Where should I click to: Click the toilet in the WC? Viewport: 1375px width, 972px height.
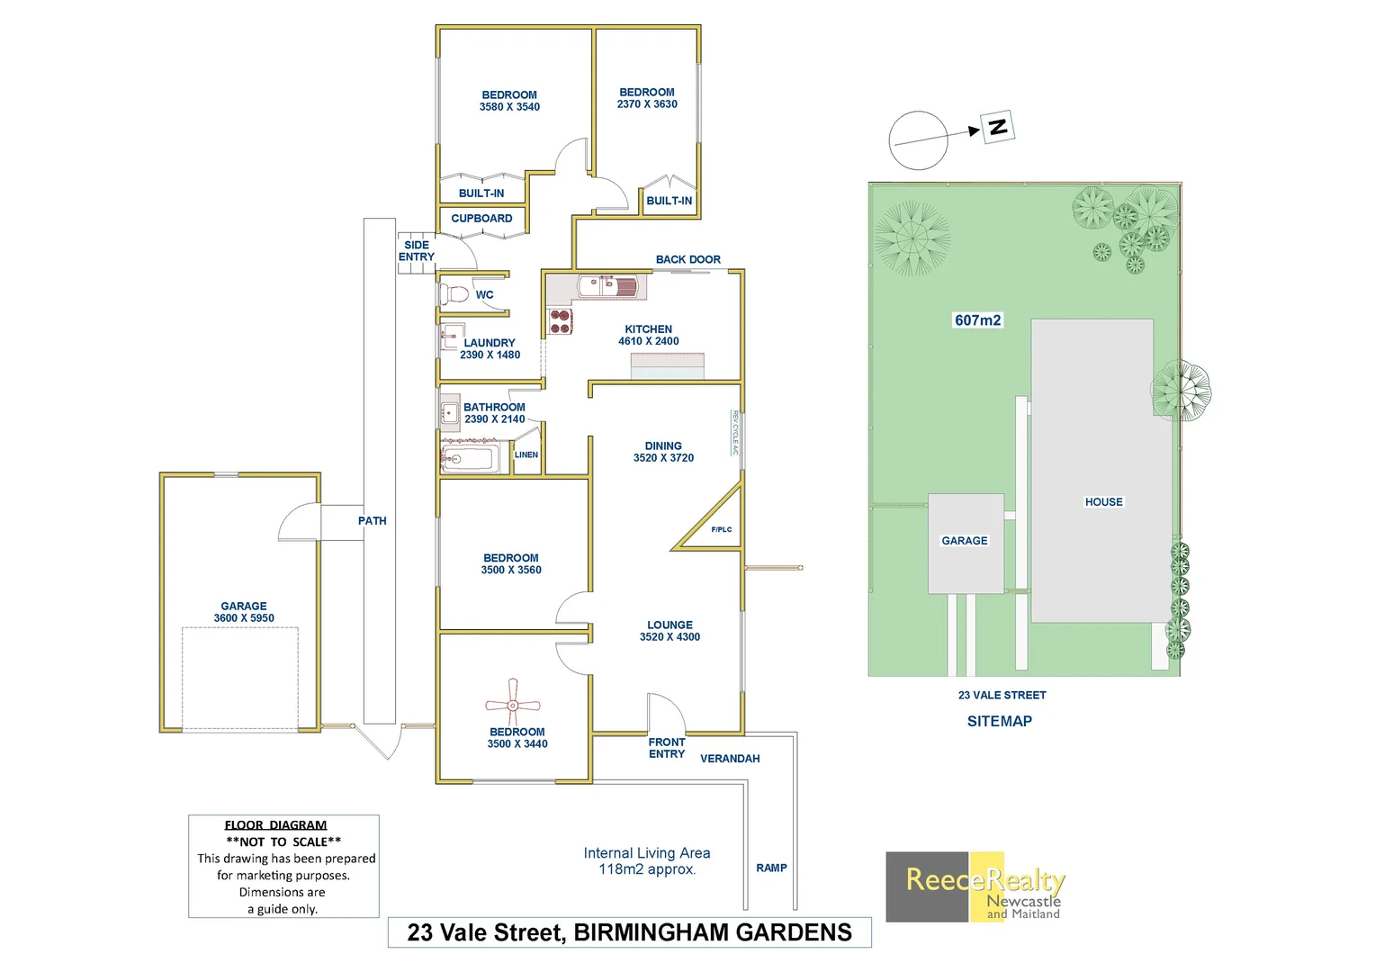[454, 294]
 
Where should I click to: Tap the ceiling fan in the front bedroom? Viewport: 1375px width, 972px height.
[512, 703]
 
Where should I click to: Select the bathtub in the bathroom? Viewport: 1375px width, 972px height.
[468, 459]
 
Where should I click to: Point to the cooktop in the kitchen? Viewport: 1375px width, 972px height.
[561, 321]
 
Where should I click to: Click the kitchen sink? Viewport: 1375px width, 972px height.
[608, 287]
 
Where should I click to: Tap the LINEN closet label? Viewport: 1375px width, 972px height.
[526, 454]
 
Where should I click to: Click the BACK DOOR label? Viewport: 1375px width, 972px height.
[687, 259]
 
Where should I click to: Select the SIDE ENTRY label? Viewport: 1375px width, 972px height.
[417, 251]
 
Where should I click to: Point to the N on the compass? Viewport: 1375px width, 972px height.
[997, 127]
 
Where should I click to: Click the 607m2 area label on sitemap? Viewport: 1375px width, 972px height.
[977, 320]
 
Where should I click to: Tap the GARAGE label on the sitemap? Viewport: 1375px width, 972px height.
[965, 541]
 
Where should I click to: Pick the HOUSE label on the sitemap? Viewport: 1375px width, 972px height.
[1103, 502]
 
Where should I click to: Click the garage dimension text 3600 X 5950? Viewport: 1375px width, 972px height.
[244, 618]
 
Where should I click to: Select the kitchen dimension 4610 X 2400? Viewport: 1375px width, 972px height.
[648, 341]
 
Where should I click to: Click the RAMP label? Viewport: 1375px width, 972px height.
[771, 868]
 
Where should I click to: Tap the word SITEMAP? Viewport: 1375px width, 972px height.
[999, 721]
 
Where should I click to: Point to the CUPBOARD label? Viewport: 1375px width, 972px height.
[481, 219]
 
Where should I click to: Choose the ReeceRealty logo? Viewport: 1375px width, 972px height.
[975, 886]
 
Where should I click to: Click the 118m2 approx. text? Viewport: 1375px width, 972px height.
[647, 869]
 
